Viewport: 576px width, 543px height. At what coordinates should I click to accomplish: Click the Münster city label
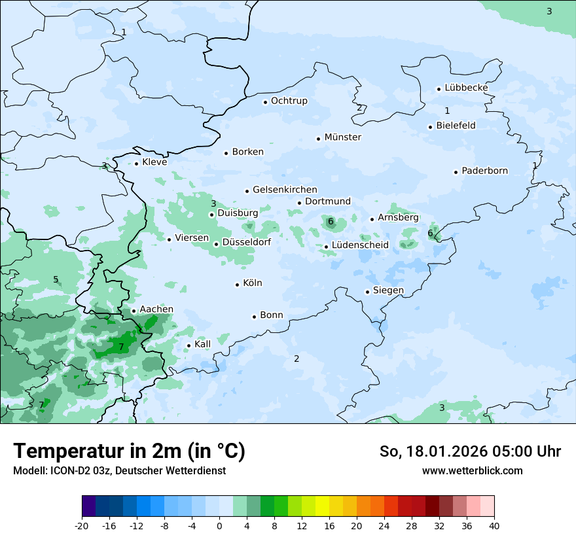[342, 137]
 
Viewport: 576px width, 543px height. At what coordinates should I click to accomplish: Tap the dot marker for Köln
[238, 284]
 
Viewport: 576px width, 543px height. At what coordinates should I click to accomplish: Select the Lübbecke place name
[466, 88]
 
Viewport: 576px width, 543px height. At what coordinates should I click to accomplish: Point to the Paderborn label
[484, 171]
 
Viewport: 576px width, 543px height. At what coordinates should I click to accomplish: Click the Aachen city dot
[134, 311]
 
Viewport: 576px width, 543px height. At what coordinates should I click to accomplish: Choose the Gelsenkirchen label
[285, 190]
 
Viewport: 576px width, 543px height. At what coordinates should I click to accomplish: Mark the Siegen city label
[388, 290]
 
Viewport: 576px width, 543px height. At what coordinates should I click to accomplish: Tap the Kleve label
[154, 162]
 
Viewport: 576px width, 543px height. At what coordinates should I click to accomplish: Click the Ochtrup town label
[289, 101]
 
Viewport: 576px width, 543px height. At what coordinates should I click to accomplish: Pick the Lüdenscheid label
[360, 245]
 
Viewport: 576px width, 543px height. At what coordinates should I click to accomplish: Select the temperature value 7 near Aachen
[121, 347]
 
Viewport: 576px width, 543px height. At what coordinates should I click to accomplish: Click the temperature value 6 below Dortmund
[331, 222]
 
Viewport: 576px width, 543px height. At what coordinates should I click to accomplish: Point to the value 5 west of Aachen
[56, 280]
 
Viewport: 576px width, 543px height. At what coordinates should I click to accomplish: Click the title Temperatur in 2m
[129, 451]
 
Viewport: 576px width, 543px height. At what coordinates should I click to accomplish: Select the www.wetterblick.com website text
[472, 470]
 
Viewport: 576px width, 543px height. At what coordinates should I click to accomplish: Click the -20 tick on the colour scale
[82, 525]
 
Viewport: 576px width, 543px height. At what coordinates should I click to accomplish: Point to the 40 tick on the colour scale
[494, 525]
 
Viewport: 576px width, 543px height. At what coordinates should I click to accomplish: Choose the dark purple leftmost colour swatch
[88, 506]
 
